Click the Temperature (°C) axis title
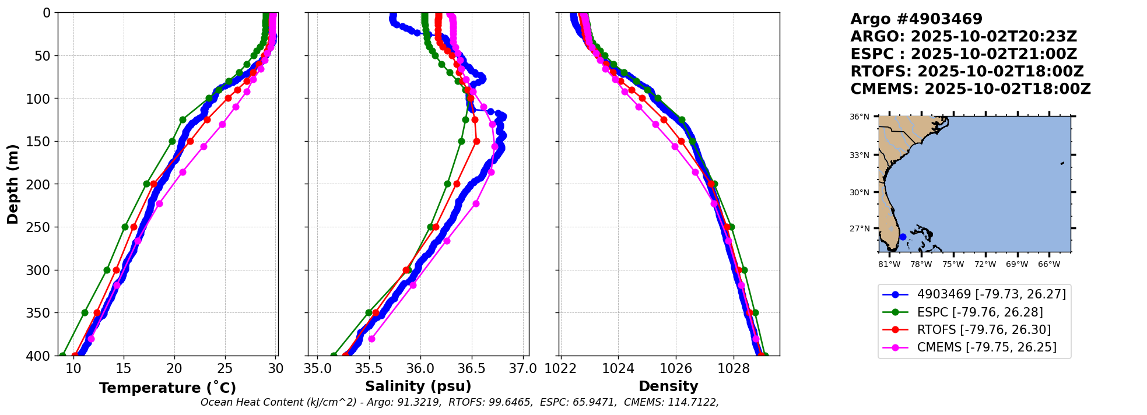[167, 388]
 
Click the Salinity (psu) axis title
[418, 386]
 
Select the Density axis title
[668, 386]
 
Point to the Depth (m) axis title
[13, 184]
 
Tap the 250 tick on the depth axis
[43, 227]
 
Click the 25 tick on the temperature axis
[225, 368]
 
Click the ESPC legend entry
[980, 312]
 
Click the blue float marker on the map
[903, 237]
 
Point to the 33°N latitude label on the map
[859, 155]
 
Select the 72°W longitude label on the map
[985, 264]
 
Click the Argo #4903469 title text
[916, 19]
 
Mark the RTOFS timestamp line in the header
[967, 72]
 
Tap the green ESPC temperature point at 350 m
[85, 313]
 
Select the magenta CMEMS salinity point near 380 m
[371, 339]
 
